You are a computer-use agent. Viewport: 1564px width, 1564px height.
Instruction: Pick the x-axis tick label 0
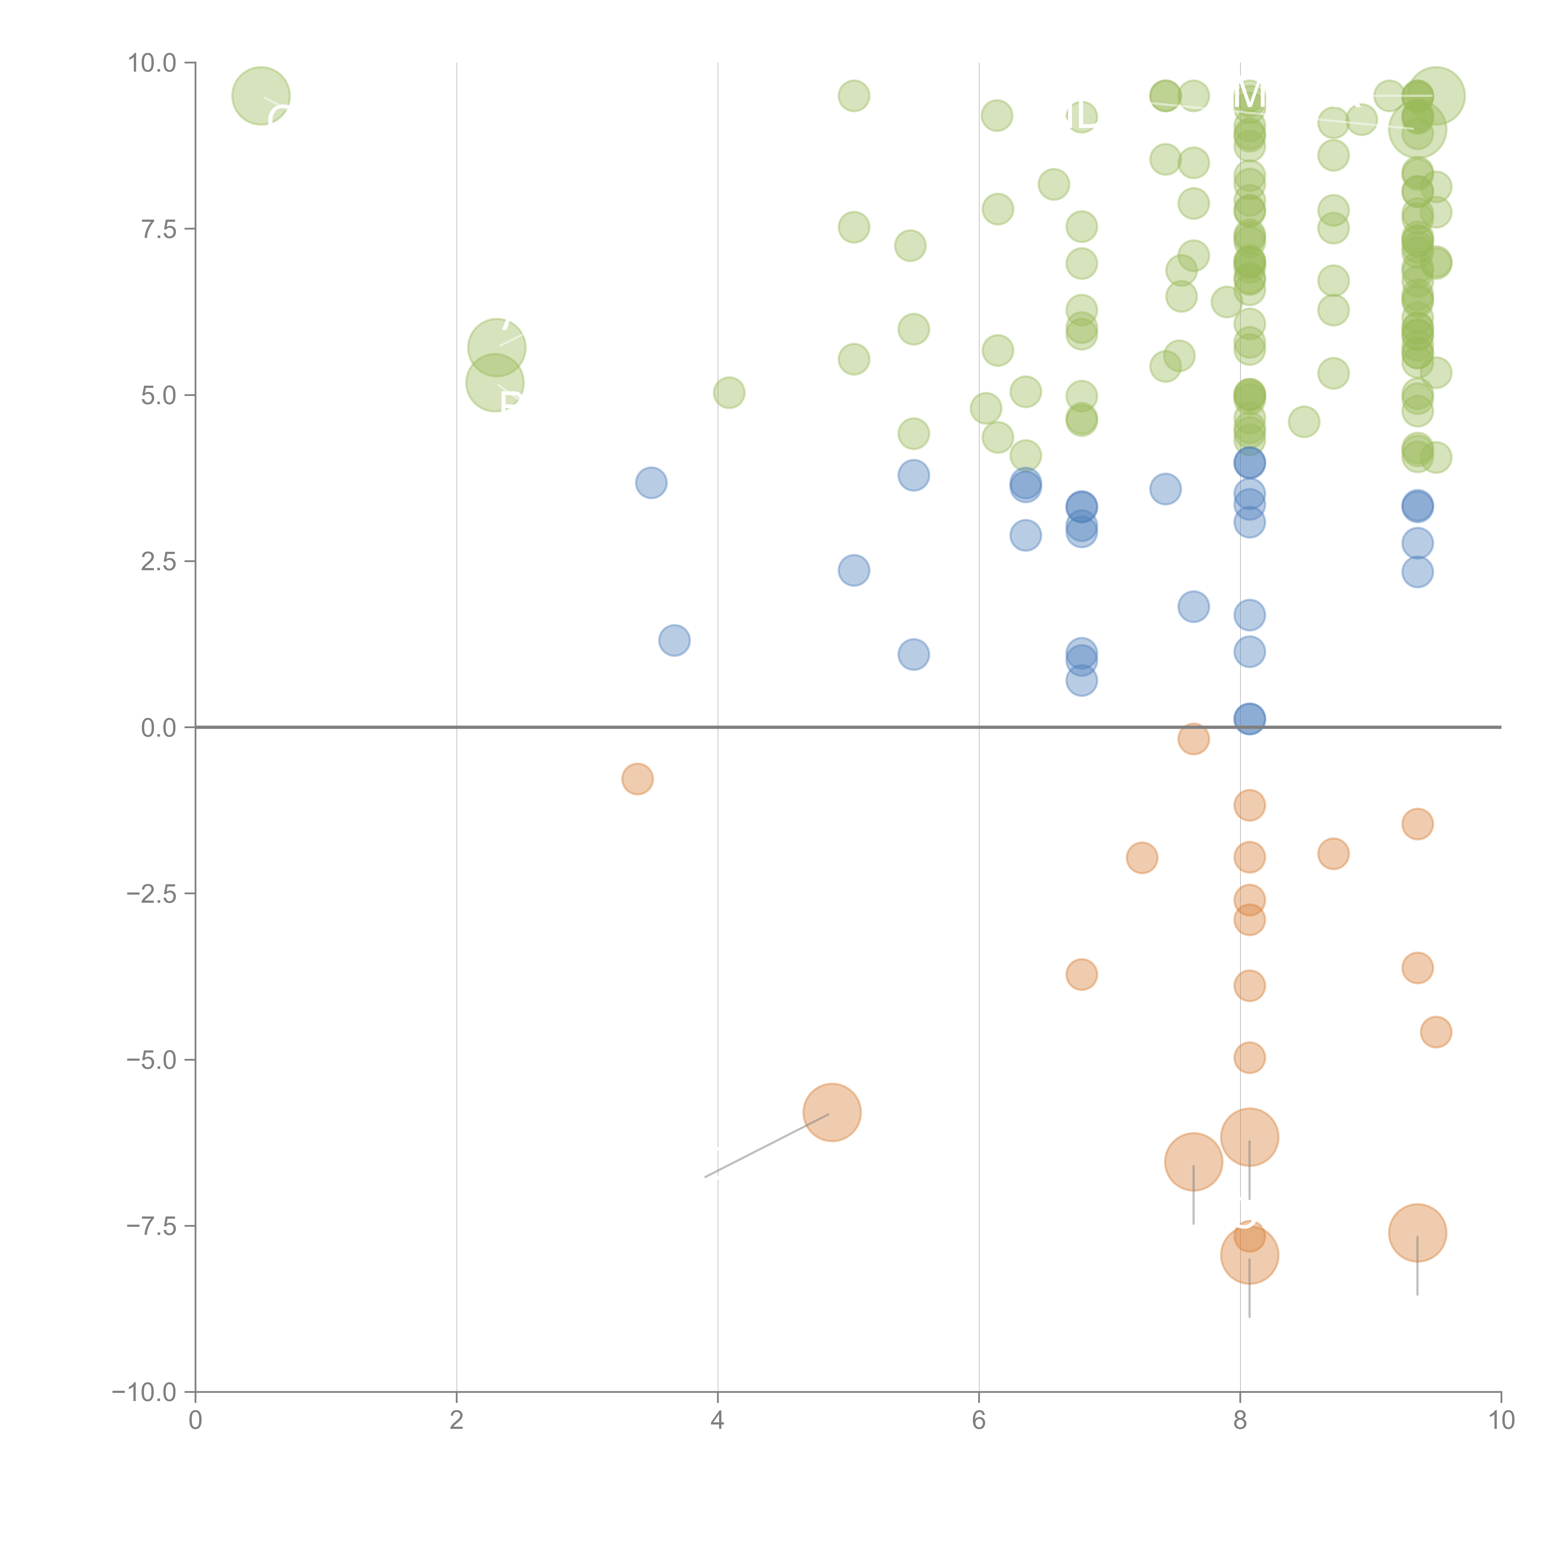(195, 1421)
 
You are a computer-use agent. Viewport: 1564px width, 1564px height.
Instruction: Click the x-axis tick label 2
(457, 1421)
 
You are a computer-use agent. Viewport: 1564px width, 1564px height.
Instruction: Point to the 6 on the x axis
(979, 1421)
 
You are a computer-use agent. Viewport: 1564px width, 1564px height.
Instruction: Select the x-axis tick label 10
(1501, 1421)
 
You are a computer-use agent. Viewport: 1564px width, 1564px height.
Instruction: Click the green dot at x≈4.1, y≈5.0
(729, 393)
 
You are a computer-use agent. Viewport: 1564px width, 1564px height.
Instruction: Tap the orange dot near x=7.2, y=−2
(1141, 857)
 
